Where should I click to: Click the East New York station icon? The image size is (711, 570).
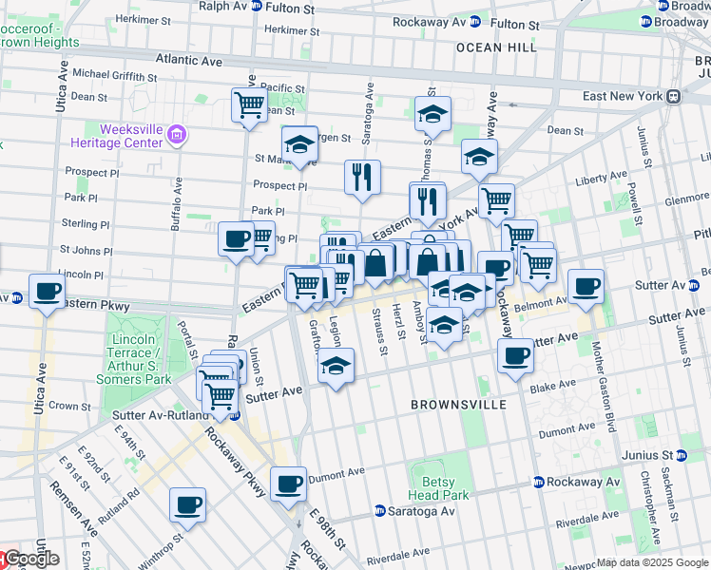click(673, 96)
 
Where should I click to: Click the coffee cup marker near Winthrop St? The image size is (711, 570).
click(188, 503)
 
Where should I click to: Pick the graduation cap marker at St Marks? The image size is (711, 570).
click(299, 144)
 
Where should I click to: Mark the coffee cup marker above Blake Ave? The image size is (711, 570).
click(515, 356)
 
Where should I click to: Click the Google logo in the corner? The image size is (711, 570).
click(31, 559)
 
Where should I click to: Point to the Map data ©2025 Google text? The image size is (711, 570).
click(652, 562)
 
